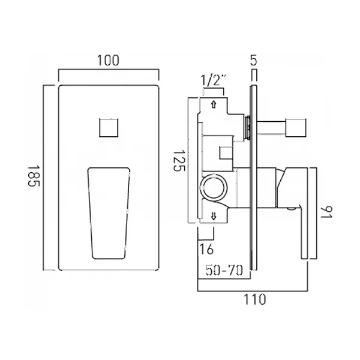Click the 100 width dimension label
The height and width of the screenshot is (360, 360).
(x=108, y=61)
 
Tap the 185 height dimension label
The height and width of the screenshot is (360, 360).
(x=34, y=176)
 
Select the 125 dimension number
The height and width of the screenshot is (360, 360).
(x=179, y=161)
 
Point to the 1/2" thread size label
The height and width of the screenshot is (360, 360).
(x=214, y=80)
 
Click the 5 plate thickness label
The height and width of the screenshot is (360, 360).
(x=253, y=60)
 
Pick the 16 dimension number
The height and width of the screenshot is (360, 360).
(x=206, y=249)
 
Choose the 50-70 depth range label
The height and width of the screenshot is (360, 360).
(x=224, y=270)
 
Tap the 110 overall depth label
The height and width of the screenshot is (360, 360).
(x=254, y=299)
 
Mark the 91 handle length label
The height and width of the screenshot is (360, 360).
(x=326, y=212)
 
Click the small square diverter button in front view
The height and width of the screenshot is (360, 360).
(x=109, y=128)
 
